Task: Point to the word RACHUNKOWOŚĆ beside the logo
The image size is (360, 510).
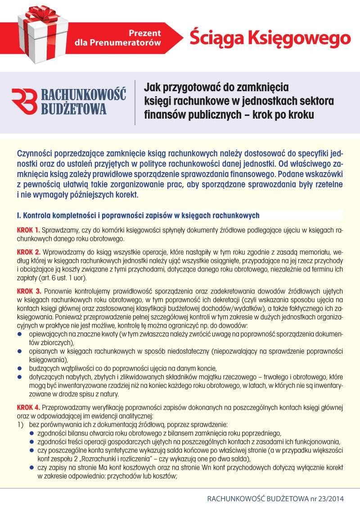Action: [x=84, y=94]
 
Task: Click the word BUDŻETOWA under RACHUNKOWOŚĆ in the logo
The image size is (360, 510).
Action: [x=74, y=109]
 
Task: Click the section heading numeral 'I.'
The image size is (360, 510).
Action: [x=18, y=215]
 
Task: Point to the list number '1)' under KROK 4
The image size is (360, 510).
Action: [x=20, y=425]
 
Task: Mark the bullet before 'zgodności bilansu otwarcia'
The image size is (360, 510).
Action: [x=32, y=433]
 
